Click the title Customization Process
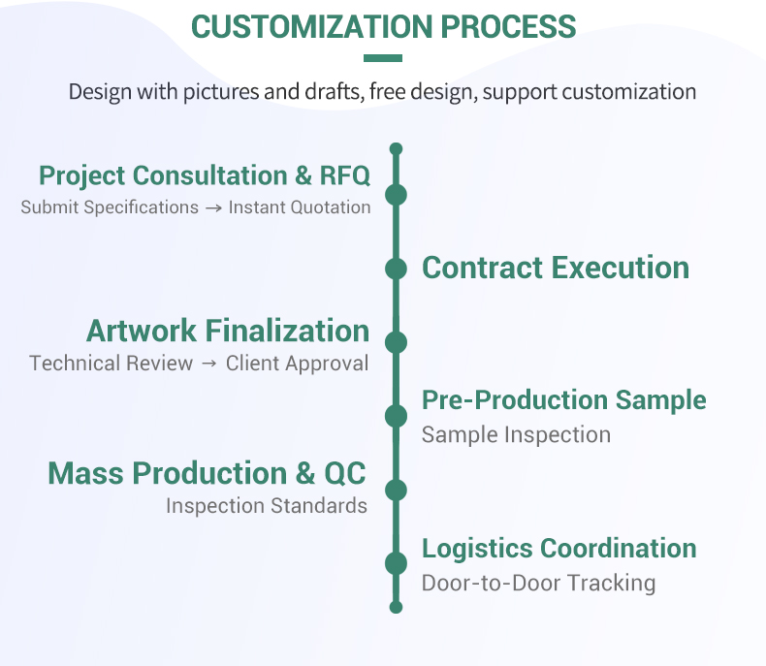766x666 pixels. tap(383, 26)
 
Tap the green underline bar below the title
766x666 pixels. tap(383, 58)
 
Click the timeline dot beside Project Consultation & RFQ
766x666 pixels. tap(396, 195)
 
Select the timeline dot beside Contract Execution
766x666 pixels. tap(396, 269)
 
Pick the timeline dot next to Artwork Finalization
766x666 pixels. tap(396, 342)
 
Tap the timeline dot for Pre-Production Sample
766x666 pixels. tap(396, 416)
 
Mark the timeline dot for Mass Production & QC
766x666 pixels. tap(396, 490)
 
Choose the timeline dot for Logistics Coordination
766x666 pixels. tap(396, 563)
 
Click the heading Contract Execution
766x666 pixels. tap(556, 268)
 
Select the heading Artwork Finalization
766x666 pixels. tap(228, 331)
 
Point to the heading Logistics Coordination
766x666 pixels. tap(559, 548)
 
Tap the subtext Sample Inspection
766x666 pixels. tap(516, 434)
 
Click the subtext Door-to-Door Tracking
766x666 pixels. tap(538, 583)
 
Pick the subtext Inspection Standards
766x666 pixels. tap(267, 505)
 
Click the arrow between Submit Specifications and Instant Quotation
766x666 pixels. tap(213, 207)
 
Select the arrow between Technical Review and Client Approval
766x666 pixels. tap(210, 364)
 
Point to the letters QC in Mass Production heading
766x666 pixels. tap(345, 473)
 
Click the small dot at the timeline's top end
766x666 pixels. tap(396, 149)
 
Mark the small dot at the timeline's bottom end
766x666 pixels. tap(396, 607)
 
